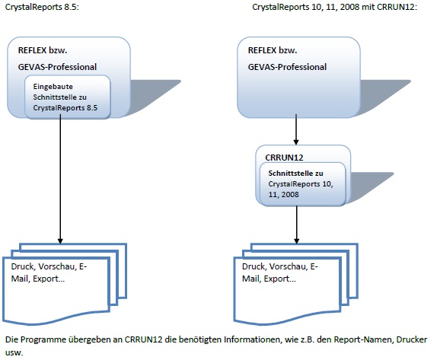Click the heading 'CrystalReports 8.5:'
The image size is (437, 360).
click(x=42, y=7)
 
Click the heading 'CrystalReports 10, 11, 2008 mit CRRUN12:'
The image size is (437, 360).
click(x=334, y=7)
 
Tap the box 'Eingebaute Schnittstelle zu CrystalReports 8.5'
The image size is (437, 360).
click(x=68, y=97)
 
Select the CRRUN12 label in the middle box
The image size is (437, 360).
click(x=284, y=158)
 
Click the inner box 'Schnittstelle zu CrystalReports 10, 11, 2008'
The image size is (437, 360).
click(x=303, y=184)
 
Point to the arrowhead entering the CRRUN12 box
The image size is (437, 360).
click(x=296, y=142)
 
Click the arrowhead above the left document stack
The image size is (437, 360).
click(x=60, y=241)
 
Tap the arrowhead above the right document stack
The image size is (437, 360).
click(x=297, y=241)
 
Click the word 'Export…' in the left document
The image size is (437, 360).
click(x=49, y=279)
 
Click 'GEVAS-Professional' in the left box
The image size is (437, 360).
click(x=57, y=67)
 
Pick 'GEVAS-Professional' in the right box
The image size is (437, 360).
click(x=287, y=67)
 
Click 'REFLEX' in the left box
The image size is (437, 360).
click(x=32, y=50)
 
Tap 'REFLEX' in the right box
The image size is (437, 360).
click(x=262, y=50)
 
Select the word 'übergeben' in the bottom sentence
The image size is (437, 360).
click(x=89, y=339)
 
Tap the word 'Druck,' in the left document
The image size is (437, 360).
click(x=23, y=266)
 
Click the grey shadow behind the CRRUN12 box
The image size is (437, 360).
click(x=371, y=185)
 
